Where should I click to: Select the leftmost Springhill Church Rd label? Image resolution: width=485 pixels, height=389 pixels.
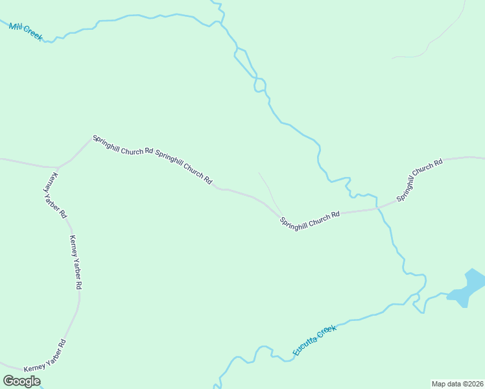123,145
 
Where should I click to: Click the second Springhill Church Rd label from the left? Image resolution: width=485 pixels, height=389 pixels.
184,168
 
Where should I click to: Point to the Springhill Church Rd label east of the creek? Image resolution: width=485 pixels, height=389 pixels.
420,178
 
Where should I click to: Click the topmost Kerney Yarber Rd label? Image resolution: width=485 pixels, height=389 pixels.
55,194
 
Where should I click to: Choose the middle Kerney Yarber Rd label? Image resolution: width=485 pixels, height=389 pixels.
76,261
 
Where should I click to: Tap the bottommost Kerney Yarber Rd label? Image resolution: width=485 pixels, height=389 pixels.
45,355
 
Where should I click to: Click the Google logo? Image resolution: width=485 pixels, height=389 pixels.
21,381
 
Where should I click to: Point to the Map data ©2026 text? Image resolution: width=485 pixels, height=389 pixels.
457,384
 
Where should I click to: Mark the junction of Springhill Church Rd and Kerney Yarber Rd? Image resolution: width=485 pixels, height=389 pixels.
58,166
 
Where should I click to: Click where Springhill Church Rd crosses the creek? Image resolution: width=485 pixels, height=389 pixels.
379,209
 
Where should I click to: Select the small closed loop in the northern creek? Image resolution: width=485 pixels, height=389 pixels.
260,84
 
